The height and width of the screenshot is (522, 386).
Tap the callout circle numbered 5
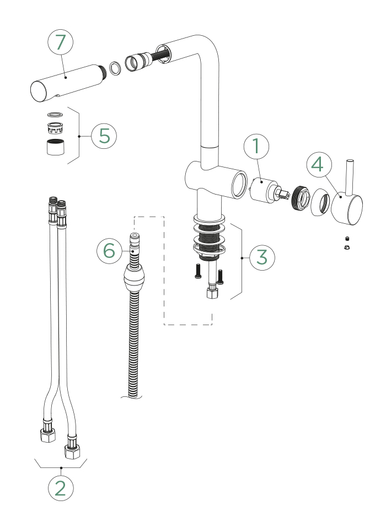[x=104, y=135]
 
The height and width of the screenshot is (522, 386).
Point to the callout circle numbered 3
[x=262, y=257]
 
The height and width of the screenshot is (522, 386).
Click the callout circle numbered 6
[x=109, y=251]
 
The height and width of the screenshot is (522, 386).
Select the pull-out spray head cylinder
[x=66, y=84]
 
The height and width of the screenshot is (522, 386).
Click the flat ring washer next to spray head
[x=116, y=68]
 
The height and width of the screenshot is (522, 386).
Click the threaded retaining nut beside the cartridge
[x=299, y=197]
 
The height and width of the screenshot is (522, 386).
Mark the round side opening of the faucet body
[x=240, y=184]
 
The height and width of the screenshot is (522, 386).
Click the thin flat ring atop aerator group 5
[x=54, y=115]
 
